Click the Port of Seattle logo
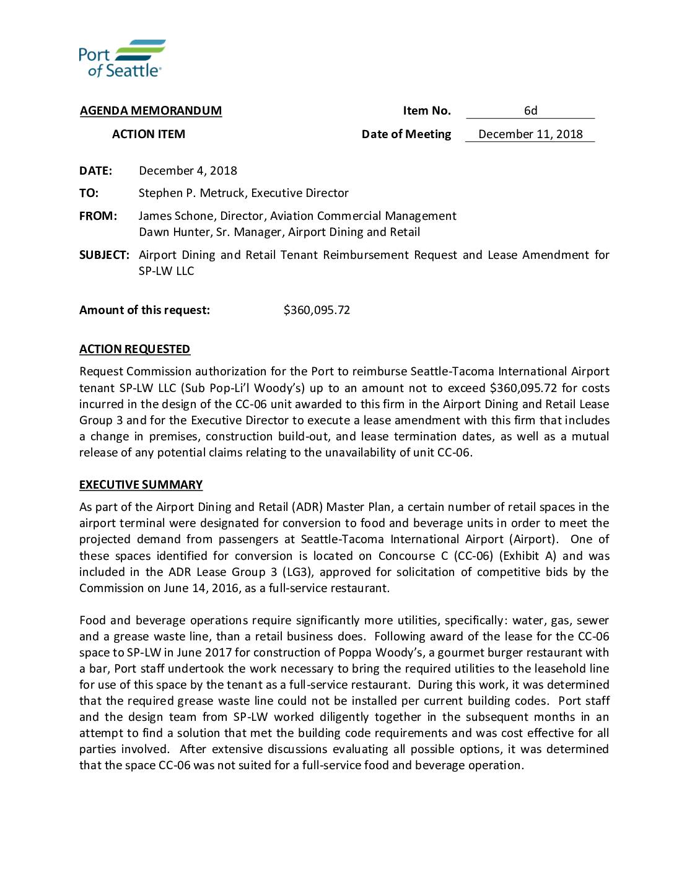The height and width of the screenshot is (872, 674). [122, 58]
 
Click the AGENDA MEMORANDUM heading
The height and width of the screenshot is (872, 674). [151, 111]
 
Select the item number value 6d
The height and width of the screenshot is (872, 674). [530, 111]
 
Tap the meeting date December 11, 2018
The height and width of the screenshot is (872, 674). [530, 134]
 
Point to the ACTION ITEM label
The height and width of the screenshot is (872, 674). [149, 134]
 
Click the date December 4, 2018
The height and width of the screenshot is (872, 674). [188, 171]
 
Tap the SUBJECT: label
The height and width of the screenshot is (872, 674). [104, 255]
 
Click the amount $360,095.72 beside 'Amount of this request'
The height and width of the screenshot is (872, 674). [317, 310]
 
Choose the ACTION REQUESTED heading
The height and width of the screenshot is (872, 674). [134, 349]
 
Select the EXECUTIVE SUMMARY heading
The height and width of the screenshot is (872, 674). [141, 485]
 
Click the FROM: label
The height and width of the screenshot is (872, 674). [98, 216]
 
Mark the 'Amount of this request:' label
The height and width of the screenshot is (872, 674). [144, 310]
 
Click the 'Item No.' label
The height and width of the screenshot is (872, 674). [427, 111]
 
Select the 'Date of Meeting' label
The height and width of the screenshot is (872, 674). [406, 134]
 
